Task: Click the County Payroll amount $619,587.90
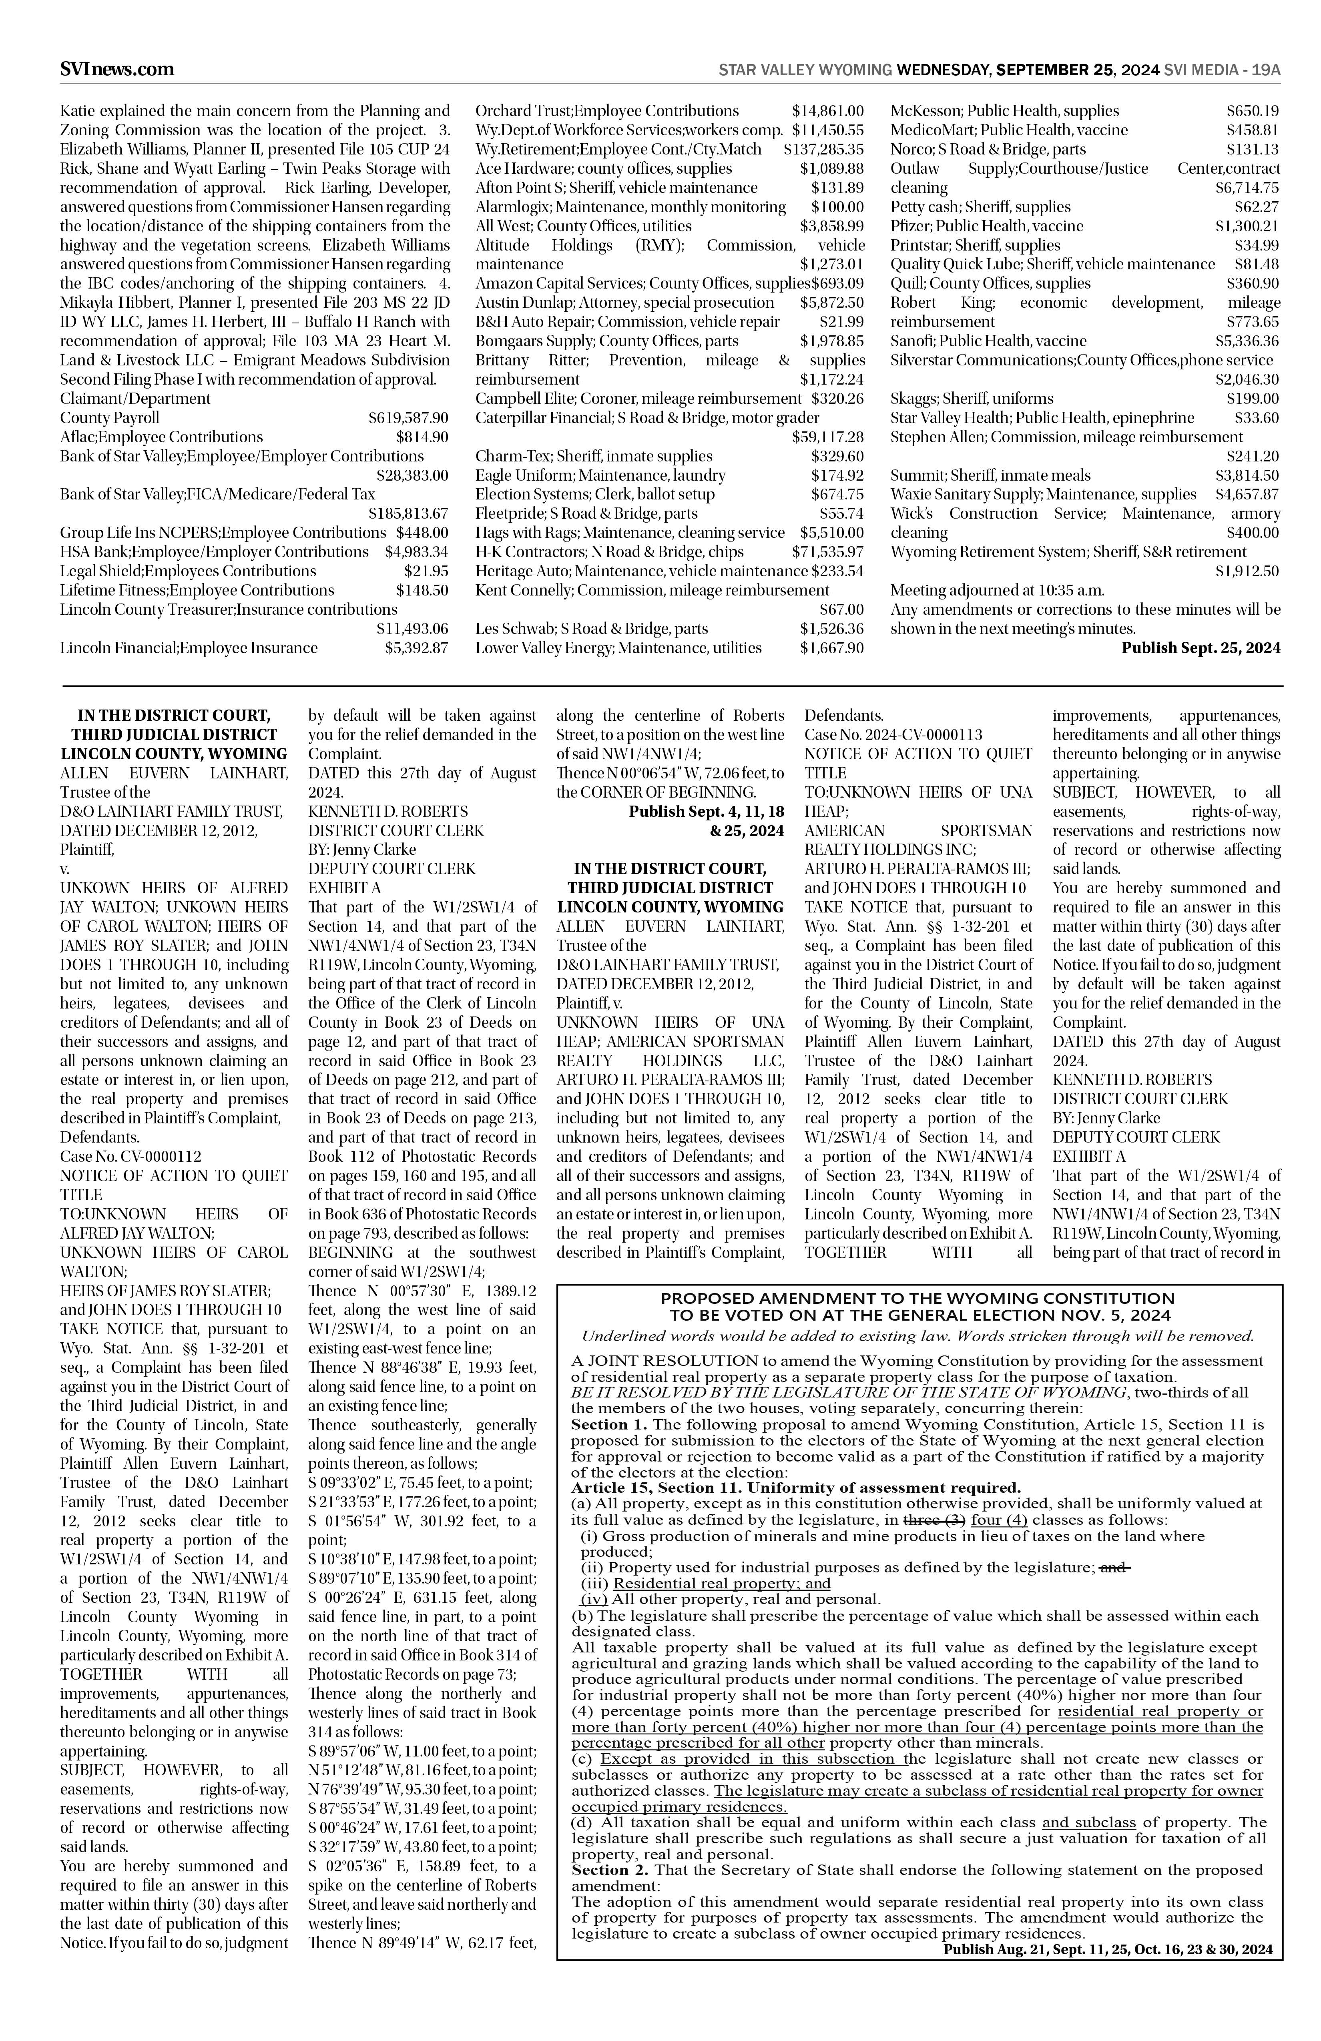[408, 418]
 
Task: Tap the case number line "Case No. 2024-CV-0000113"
[893, 735]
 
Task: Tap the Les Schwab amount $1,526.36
[831, 629]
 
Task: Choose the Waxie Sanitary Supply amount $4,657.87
[1247, 495]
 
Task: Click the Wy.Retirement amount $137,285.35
[823, 149]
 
